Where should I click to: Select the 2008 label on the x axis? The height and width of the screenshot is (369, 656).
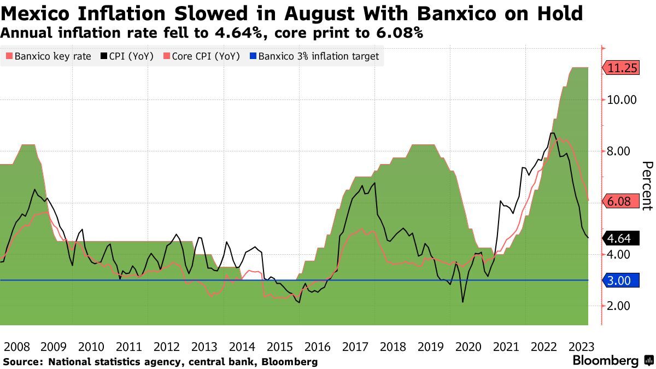point(16,347)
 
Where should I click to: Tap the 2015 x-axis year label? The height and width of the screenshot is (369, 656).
point(280,347)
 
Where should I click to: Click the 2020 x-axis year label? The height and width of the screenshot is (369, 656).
point(468,347)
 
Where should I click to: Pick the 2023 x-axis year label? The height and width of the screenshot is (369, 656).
point(581,347)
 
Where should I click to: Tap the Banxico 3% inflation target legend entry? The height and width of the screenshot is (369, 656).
point(314,56)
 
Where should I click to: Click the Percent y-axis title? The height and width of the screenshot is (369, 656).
point(647,186)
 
